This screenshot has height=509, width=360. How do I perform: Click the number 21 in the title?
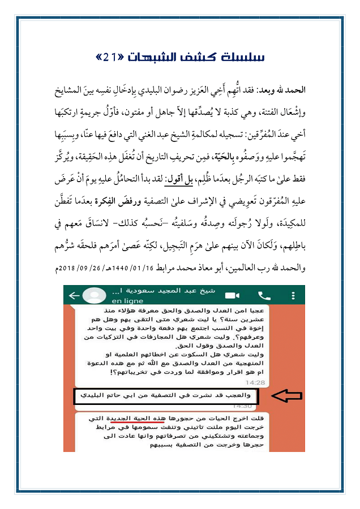point(109,57)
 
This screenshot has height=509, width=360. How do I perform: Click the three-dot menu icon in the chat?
point(293,295)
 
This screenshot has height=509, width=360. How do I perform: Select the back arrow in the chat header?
point(73,295)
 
